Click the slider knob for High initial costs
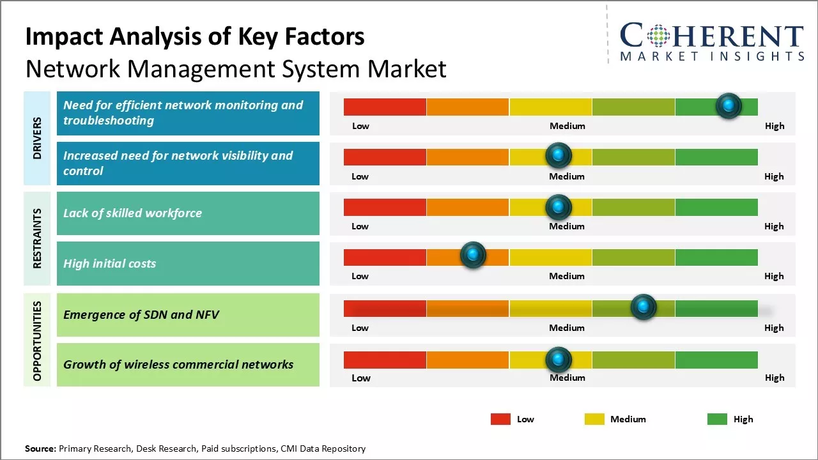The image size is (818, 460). coord(473,256)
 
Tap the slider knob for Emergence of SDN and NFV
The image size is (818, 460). coord(644,307)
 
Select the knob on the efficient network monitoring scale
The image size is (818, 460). coord(729,105)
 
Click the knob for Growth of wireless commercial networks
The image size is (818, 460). coord(559,360)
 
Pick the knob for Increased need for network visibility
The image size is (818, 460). coord(559,155)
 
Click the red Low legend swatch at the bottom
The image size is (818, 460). coord(500,419)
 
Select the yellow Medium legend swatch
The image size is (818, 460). coord(594,419)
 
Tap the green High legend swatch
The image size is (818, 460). coord(717,419)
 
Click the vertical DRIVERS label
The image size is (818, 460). coord(37,138)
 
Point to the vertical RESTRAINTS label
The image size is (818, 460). coord(37,238)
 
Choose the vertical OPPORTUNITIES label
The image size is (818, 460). coord(37,341)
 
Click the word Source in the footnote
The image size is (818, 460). coord(40,448)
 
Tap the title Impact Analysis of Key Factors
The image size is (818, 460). coord(195,37)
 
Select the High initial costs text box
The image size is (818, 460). coord(188,263)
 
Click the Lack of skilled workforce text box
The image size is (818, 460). coord(188,213)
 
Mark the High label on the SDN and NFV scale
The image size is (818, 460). coord(774,328)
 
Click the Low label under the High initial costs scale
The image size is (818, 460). coord(360,276)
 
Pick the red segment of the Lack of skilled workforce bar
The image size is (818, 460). coord(385,207)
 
